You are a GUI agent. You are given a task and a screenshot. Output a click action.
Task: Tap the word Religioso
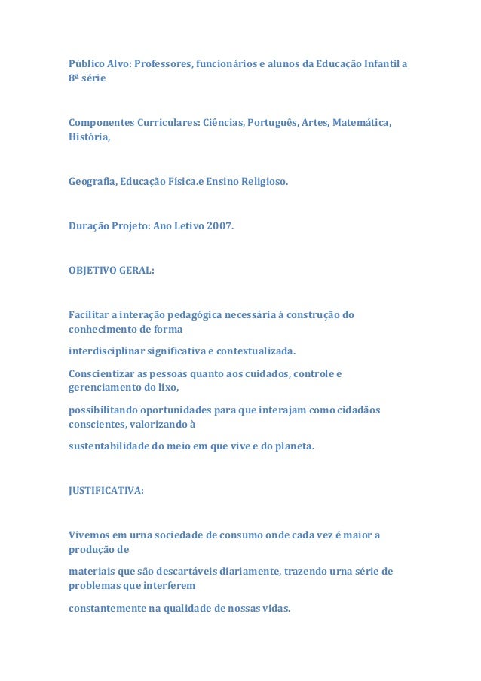(263, 182)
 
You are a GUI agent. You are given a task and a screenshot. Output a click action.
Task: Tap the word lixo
(167, 388)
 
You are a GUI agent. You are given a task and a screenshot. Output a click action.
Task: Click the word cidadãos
(357, 410)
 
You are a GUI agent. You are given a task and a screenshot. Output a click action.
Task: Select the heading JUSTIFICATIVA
(106, 490)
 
